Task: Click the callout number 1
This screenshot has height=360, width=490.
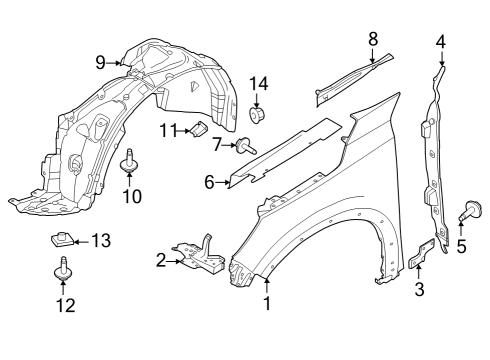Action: click(x=267, y=303)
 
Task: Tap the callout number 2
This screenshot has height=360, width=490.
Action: click(x=160, y=261)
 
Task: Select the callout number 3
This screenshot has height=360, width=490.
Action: click(x=419, y=290)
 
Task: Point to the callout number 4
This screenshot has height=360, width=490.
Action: click(x=440, y=41)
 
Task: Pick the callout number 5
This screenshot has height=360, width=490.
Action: click(x=461, y=246)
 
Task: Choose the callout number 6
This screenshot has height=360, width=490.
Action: click(x=209, y=182)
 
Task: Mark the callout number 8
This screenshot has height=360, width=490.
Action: click(x=373, y=39)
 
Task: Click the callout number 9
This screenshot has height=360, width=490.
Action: click(x=101, y=62)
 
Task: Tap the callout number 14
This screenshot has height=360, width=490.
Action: click(x=259, y=83)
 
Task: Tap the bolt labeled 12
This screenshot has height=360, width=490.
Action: click(x=62, y=269)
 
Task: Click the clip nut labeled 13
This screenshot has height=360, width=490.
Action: click(x=61, y=240)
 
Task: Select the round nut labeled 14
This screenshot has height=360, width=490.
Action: click(x=258, y=116)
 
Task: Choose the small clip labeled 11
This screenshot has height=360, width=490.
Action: click(x=198, y=129)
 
